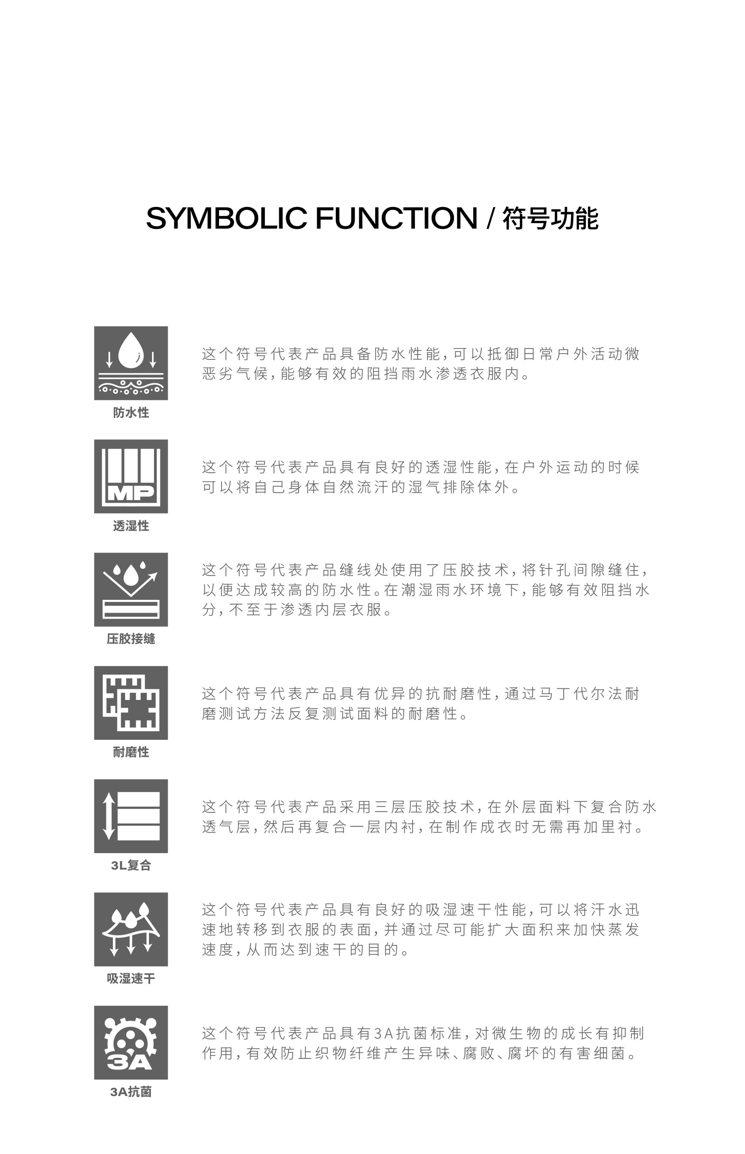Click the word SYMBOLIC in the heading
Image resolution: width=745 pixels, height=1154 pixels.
click(x=227, y=219)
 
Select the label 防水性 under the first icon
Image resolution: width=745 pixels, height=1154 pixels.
click(x=131, y=413)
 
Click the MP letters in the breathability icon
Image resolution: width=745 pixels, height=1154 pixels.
click(x=131, y=493)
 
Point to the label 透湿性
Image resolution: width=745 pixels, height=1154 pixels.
click(x=131, y=526)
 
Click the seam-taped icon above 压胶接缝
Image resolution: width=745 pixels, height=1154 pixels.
click(x=131, y=589)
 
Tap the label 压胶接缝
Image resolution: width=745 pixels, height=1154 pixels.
click(x=131, y=639)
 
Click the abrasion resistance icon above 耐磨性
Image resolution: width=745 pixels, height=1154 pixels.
click(x=131, y=703)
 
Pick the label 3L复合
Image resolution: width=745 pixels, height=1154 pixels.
click(x=131, y=865)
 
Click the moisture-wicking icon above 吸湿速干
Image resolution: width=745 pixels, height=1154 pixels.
click(x=131, y=929)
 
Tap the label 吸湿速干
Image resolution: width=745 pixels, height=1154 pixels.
click(x=131, y=979)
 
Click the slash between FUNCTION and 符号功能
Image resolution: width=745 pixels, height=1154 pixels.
click(x=491, y=219)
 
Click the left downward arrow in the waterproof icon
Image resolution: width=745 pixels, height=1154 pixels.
click(x=109, y=359)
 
